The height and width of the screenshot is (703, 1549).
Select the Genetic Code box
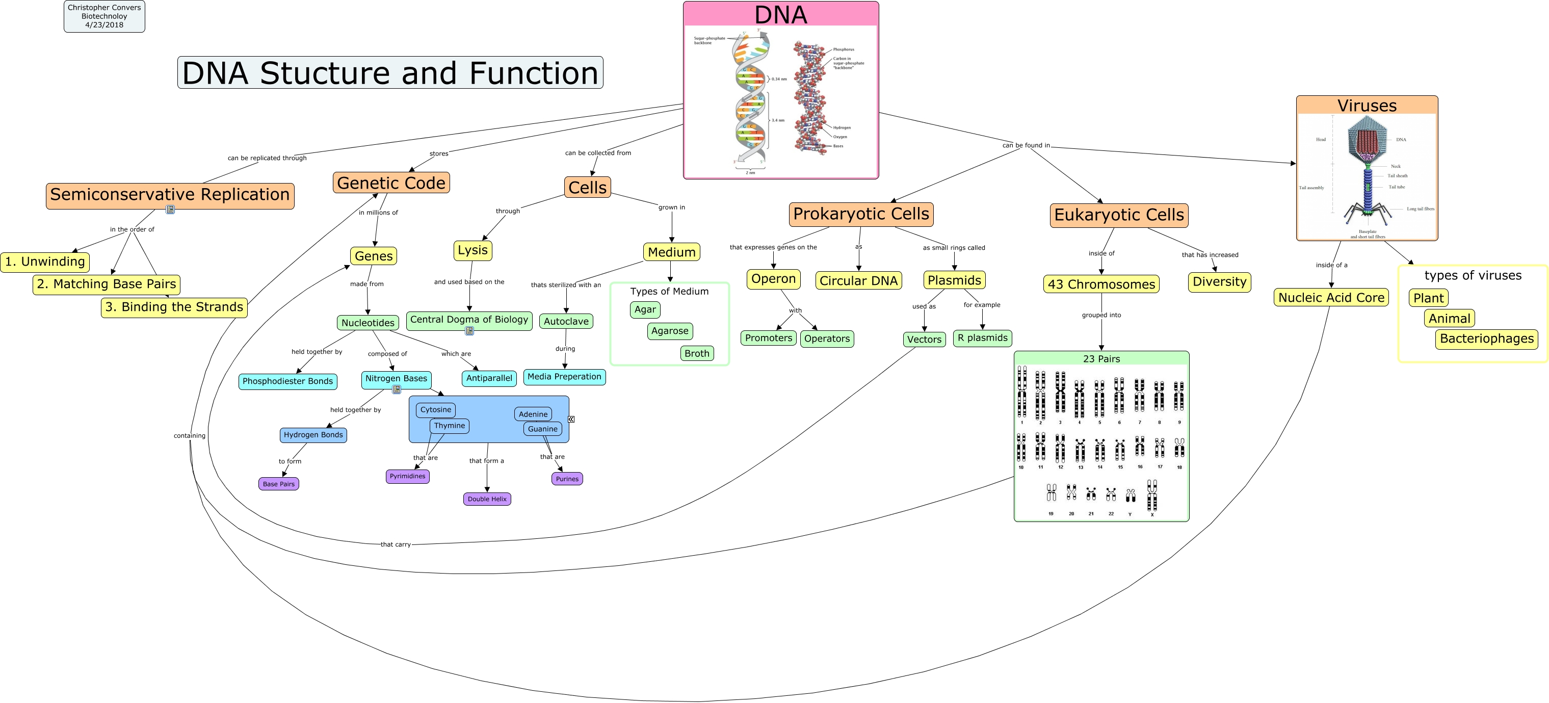391,183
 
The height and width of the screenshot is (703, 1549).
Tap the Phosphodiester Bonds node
287,381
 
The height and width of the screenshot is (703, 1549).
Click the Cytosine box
435,409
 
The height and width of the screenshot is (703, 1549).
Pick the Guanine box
542,429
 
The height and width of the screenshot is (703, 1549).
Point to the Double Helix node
487,499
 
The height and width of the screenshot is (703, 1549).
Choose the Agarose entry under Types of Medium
669,331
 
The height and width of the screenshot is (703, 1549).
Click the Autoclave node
566,321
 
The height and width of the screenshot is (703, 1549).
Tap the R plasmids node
982,338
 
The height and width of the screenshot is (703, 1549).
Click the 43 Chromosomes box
1101,284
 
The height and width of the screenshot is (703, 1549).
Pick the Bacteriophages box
1486,339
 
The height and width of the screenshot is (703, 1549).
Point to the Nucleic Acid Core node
1331,298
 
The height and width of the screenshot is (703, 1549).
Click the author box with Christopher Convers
104,16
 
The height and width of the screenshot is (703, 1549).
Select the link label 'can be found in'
1026,145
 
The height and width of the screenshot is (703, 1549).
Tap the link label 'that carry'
395,544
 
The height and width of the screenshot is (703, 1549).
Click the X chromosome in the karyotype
1151,496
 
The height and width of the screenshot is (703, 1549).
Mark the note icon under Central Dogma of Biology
469,331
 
